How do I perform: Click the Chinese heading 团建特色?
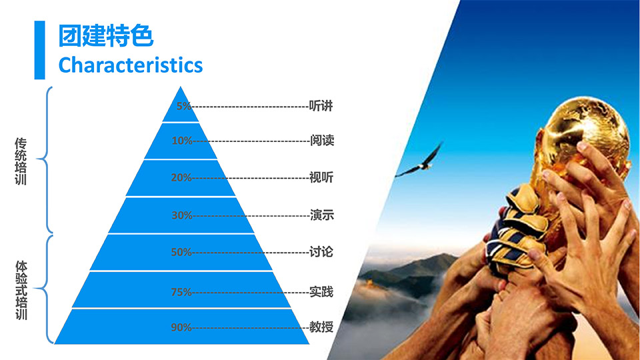tap(106, 36)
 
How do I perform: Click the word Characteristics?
tap(131, 65)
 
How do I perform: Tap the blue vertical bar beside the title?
tap(39, 50)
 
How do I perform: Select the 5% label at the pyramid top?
tap(184, 106)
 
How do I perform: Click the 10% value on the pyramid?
tap(182, 141)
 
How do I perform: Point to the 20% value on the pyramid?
tap(181, 177)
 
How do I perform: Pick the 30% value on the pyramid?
tap(182, 215)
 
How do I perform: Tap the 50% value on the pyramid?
tap(181, 252)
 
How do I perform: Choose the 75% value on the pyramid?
tap(181, 292)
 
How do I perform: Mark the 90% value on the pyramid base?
tap(181, 327)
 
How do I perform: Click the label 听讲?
tap(321, 106)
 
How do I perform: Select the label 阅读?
tap(322, 141)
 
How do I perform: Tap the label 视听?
tap(321, 177)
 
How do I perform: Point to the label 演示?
tap(322, 215)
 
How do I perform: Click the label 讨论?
tap(321, 252)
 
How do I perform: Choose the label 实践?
tap(321, 292)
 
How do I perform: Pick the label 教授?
tap(321, 327)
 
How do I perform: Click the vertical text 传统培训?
tap(21, 161)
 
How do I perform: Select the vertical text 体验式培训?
tap(21, 290)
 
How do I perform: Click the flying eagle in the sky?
tap(419, 161)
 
